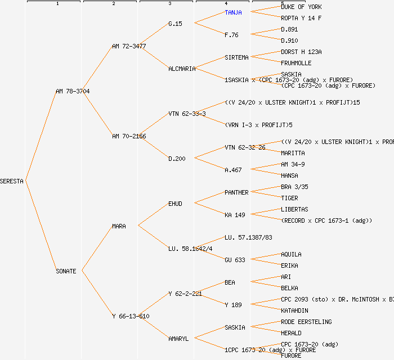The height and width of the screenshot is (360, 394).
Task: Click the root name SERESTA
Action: pyautogui.click(x=12, y=181)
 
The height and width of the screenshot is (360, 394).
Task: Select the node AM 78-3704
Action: pyautogui.click(x=73, y=91)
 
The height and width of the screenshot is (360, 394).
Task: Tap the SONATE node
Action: pyautogui.click(x=66, y=271)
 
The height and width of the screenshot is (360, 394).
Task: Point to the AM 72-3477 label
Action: pyautogui.click(x=129, y=46)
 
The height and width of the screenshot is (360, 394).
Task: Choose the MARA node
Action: pyautogui.click(x=119, y=226)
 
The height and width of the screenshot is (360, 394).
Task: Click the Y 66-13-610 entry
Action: pyautogui.click(x=131, y=316)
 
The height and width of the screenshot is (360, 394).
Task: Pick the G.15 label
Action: pyautogui.click(x=175, y=24)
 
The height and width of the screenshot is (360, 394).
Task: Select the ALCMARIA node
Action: pyautogui.click(x=182, y=69)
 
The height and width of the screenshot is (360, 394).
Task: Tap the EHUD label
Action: pyautogui.click(x=175, y=204)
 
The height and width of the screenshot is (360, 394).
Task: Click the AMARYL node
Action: pyautogui.click(x=178, y=339)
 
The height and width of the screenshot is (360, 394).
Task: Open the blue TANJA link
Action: pyautogui.click(x=233, y=12)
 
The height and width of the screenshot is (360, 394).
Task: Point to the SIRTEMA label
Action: pyautogui.click(x=236, y=57)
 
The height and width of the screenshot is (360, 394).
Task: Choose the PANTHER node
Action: pyautogui.click(x=236, y=192)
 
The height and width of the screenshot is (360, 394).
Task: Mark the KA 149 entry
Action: pyautogui.click(x=235, y=215)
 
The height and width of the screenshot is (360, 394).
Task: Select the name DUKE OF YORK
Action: pyautogui.click(x=301, y=7)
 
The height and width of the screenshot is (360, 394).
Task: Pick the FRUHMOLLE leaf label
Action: pyautogui.click(x=296, y=63)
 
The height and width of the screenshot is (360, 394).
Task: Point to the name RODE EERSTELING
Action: pyautogui.click(x=306, y=322)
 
